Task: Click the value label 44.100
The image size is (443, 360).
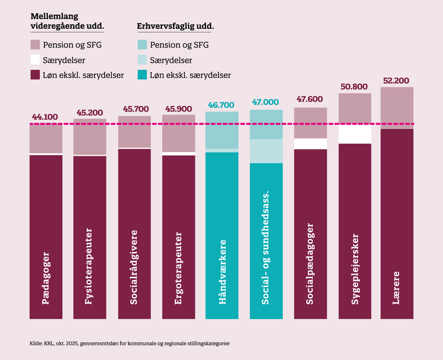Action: (x=46, y=117)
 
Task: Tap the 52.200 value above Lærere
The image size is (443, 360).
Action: (x=397, y=80)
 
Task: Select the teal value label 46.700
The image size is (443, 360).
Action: (x=222, y=105)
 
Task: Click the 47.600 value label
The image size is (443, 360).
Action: (x=310, y=99)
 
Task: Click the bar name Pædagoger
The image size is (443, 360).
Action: (x=46, y=277)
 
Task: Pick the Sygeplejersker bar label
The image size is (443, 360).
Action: (x=355, y=268)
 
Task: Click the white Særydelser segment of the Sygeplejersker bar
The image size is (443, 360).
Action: (x=355, y=134)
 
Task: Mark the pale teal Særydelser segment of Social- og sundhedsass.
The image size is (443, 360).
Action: (x=266, y=151)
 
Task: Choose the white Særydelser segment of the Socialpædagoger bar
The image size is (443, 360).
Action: (x=310, y=144)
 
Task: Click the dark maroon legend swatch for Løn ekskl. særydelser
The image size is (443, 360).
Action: (x=35, y=75)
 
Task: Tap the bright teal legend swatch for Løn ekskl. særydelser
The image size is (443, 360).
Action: (x=142, y=75)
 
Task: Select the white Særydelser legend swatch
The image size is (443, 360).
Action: (x=35, y=59)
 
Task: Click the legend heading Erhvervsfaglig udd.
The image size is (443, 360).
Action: (x=174, y=27)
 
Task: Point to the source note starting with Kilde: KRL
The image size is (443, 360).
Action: (x=130, y=343)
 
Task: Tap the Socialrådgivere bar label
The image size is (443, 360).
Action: (x=134, y=268)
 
